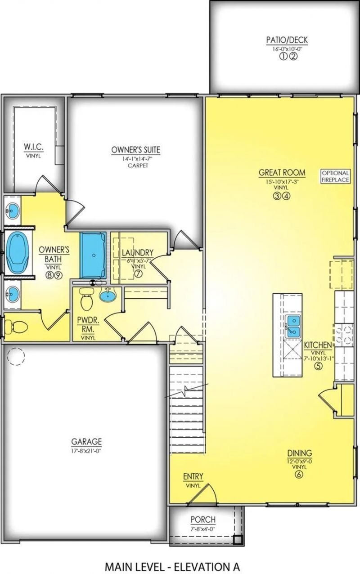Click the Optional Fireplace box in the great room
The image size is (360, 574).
(x=335, y=176)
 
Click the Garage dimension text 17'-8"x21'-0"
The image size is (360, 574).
(x=86, y=449)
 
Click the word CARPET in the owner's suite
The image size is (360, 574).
(x=135, y=166)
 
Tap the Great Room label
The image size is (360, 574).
(x=282, y=172)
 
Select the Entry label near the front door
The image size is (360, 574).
(x=193, y=476)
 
